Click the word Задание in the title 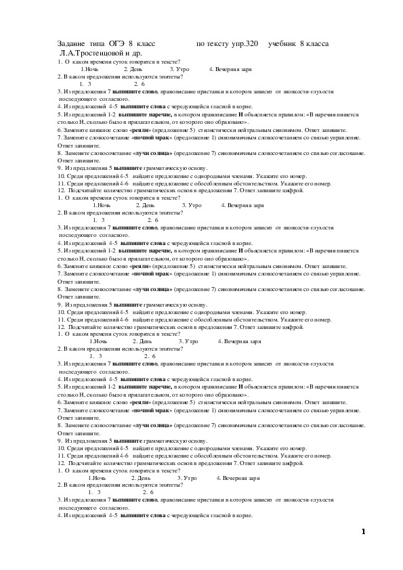click(x=72, y=44)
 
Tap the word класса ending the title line click(x=318, y=44)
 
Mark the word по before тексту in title click(x=200, y=44)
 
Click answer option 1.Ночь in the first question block click(x=89, y=70)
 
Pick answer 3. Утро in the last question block click(x=188, y=478)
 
